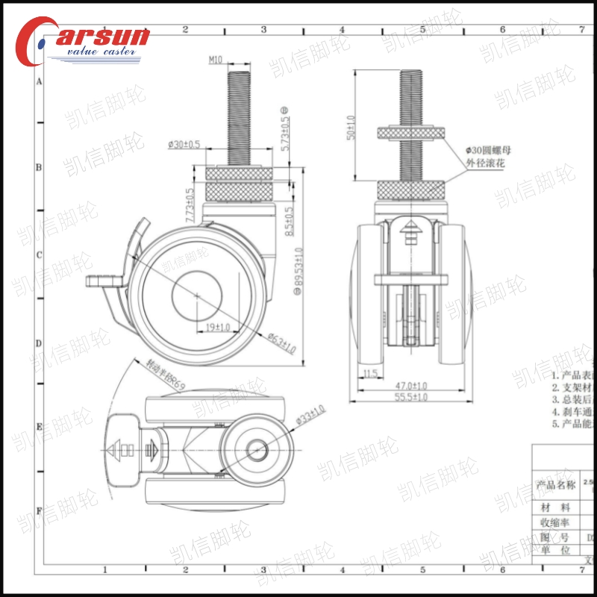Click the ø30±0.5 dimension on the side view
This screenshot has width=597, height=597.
[184, 144]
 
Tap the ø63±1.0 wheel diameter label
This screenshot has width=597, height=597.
[282, 344]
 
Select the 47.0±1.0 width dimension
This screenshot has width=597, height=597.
[411, 385]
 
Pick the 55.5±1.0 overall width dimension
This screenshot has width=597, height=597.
[411, 398]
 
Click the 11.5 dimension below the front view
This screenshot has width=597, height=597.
[371, 372]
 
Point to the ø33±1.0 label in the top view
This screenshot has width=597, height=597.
[310, 414]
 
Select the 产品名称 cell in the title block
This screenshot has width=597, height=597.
[556, 485]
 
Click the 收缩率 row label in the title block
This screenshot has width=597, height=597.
[556, 522]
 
